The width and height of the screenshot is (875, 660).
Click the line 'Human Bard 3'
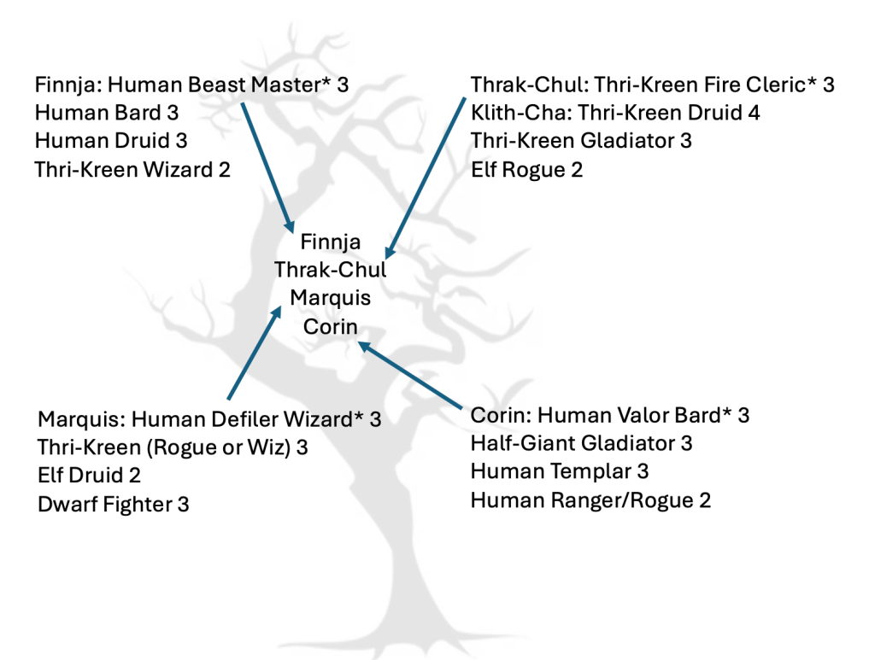point(107,113)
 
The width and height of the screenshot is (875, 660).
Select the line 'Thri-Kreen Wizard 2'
point(132,169)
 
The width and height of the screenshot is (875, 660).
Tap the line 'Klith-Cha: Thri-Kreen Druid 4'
point(615,113)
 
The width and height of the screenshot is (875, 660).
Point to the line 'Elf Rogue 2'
point(526,169)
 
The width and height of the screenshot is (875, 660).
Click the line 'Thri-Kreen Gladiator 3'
point(581,141)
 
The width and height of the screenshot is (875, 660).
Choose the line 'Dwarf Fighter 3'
point(114,504)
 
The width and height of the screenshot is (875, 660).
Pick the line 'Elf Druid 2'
point(90,476)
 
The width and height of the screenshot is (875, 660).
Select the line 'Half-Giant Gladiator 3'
point(581,443)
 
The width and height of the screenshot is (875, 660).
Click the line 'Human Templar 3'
point(560,471)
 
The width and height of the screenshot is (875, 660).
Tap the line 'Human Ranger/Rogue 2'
point(590,499)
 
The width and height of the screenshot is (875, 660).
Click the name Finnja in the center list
point(330,242)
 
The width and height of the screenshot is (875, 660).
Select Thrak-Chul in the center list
point(330,271)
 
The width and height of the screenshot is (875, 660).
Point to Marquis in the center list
point(330,298)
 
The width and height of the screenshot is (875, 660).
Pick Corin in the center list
point(330,326)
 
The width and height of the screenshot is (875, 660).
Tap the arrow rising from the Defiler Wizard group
point(254,354)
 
